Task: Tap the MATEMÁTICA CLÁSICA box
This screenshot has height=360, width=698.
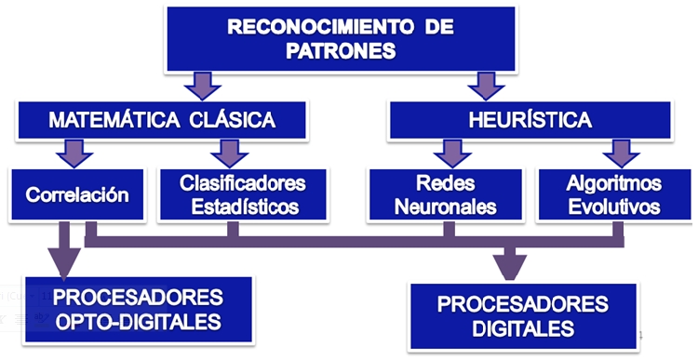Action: tap(161, 120)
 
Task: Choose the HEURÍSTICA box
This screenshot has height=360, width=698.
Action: tap(530, 120)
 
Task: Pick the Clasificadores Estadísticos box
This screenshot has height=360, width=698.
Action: tap(242, 193)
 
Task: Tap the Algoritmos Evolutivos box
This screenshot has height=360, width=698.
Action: tap(613, 193)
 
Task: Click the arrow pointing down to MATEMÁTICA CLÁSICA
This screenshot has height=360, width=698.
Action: tap(201, 87)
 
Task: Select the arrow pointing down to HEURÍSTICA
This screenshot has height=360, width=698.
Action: tap(484, 87)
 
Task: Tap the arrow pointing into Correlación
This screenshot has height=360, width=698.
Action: tap(71, 152)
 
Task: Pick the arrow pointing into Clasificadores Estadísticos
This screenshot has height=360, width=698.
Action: tap(227, 152)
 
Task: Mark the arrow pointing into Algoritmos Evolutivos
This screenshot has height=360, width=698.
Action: tap(616, 152)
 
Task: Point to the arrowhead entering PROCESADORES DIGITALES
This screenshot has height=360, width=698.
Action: tap(508, 267)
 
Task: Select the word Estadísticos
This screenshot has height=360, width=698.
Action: tap(242, 205)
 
